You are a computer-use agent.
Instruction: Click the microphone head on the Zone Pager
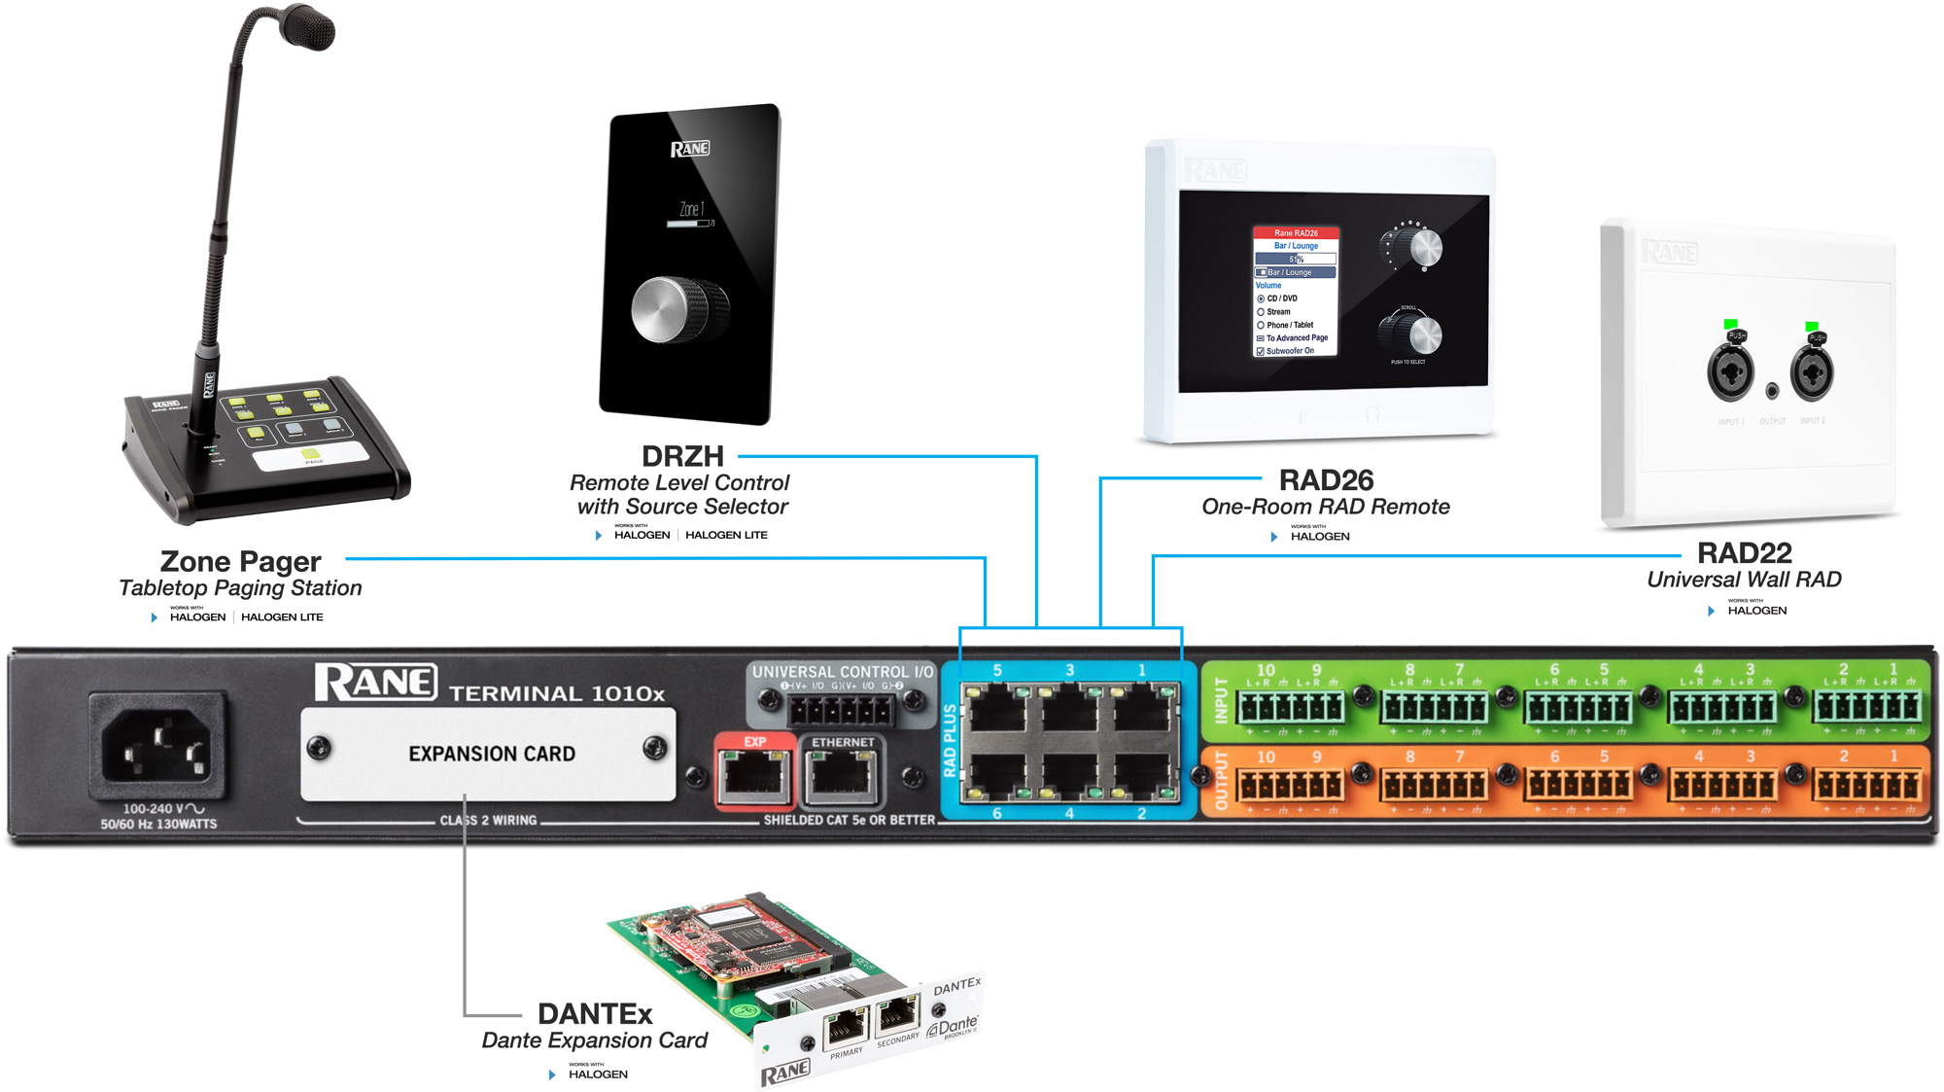(309, 26)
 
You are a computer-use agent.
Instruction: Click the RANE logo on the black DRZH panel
(689, 149)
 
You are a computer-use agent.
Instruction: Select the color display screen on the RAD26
(1296, 292)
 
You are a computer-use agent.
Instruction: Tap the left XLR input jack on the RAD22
(1730, 371)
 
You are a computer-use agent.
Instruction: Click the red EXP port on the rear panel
(754, 776)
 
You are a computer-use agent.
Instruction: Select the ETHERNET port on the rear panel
(842, 776)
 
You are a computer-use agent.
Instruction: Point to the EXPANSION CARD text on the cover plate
(492, 755)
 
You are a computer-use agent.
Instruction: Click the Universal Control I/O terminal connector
(842, 710)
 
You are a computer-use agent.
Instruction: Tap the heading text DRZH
(682, 456)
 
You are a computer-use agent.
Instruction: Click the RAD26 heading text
(1326, 480)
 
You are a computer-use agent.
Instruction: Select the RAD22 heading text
(1744, 553)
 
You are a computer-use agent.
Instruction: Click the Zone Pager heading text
(240, 562)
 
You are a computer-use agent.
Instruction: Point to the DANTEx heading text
(595, 1014)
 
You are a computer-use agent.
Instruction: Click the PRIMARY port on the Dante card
(845, 1026)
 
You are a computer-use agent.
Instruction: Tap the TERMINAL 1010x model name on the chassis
(557, 693)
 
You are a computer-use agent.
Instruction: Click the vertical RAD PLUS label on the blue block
(950, 741)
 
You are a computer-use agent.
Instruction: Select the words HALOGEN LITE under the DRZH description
(726, 535)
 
